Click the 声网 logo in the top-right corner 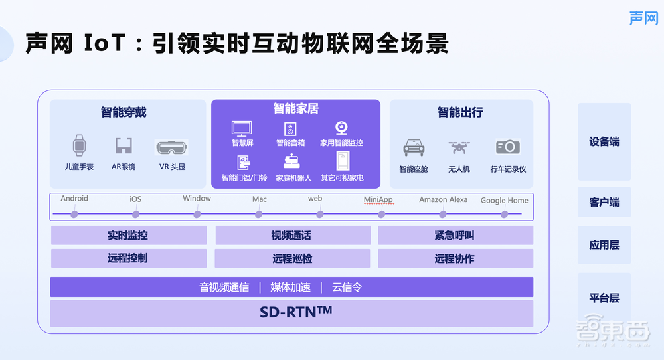pyautogui.click(x=643, y=18)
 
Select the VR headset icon pyautogui.click(x=171, y=147)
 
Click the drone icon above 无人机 pyautogui.click(x=459, y=147)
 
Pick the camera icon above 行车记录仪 pyautogui.click(x=508, y=147)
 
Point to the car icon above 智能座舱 pyautogui.click(x=414, y=147)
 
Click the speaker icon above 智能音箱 pyautogui.click(x=290, y=128)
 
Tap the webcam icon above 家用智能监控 pyautogui.click(x=341, y=128)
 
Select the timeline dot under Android pyautogui.click(x=74, y=214)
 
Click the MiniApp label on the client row pyautogui.click(x=378, y=199)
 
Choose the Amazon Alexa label pyautogui.click(x=444, y=199)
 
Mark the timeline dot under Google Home pyautogui.click(x=505, y=214)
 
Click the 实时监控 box pyautogui.click(x=128, y=236)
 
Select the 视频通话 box pyautogui.click(x=292, y=236)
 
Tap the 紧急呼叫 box pyautogui.click(x=455, y=236)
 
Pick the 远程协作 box pyautogui.click(x=455, y=258)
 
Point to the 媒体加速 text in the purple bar pyautogui.click(x=290, y=287)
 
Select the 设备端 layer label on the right pyautogui.click(x=604, y=142)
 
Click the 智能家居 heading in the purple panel pyautogui.click(x=295, y=108)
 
